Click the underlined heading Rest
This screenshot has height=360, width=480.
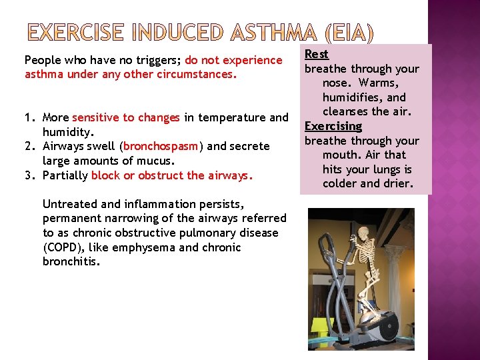(317, 54)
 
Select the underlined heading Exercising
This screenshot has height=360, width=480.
(333, 126)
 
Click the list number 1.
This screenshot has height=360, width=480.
(29, 118)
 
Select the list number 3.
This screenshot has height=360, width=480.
(29, 175)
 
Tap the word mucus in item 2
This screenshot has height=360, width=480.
(155, 161)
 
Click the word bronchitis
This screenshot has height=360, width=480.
(71, 262)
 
